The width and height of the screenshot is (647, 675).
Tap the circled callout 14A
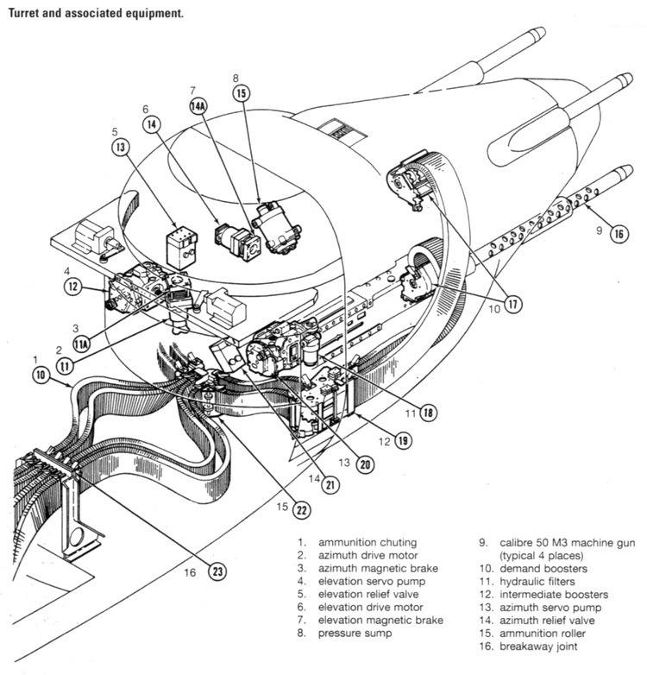point(198,105)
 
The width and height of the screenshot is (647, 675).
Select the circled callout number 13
point(122,147)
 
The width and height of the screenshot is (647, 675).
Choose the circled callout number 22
point(300,509)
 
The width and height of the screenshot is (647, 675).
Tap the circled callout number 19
point(404,440)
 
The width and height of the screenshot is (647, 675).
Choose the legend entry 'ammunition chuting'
point(367,543)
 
